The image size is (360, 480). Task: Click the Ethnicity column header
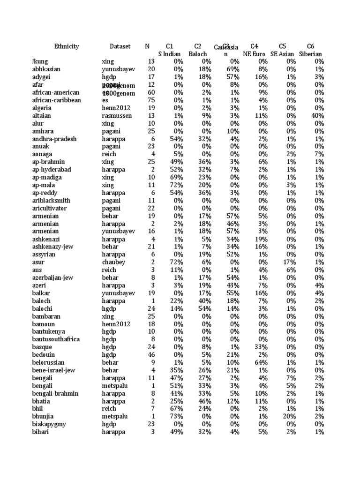(x=67, y=46)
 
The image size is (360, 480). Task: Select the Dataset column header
(x=120, y=46)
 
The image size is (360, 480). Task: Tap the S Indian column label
(x=169, y=54)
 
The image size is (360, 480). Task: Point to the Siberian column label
(x=310, y=54)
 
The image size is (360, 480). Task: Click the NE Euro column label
(x=254, y=54)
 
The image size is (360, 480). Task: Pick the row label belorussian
(x=48, y=363)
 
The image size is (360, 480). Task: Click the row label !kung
(x=40, y=61)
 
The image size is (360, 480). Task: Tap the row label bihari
(x=41, y=432)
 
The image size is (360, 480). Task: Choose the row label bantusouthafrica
(x=56, y=339)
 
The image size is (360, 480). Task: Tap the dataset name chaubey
(x=113, y=262)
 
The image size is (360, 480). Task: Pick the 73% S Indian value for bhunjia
(x=176, y=417)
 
